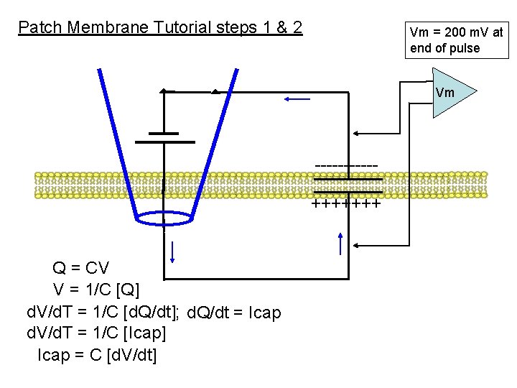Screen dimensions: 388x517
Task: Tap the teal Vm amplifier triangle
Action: (x=451, y=93)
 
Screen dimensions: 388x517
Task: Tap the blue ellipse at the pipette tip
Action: (x=164, y=218)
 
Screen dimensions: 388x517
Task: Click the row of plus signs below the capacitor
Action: (x=345, y=204)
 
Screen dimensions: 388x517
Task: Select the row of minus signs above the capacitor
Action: (x=347, y=167)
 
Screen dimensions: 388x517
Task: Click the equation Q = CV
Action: (x=80, y=269)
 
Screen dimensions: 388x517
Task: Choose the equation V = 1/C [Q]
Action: (x=96, y=290)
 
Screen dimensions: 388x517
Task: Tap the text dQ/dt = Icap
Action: (x=233, y=313)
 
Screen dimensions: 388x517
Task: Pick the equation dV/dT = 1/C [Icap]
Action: (x=96, y=334)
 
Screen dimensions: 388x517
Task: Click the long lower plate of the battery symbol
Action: (x=164, y=142)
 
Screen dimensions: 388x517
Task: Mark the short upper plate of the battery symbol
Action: (x=164, y=133)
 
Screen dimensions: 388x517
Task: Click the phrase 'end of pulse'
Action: (x=444, y=49)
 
